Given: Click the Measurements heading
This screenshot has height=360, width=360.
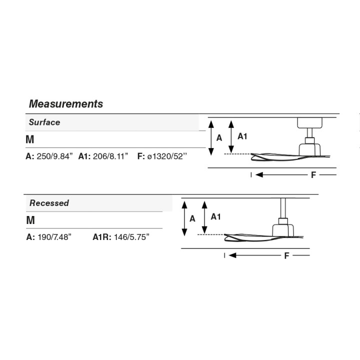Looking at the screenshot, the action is [66, 104].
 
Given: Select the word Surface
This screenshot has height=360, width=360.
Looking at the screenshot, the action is [44, 122].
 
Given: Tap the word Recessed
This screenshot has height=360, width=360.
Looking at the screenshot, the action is [49, 203].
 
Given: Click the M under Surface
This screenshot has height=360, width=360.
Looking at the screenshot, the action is [30, 139].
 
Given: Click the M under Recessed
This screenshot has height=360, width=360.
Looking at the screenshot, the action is [30, 220].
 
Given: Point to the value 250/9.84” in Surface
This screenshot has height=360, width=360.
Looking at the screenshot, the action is [54, 156].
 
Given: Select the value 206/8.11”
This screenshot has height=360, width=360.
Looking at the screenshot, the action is [110, 156].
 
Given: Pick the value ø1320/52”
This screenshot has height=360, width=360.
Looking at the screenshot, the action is [167, 156].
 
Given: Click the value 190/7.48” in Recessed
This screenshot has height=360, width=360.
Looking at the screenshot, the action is [54, 237].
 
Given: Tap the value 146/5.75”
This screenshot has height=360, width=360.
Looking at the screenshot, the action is [131, 237].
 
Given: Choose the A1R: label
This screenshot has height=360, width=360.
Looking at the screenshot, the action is [102, 237].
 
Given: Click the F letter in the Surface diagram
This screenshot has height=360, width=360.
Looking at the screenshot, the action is [313, 175].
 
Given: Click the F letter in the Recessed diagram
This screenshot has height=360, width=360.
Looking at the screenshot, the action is [286, 256].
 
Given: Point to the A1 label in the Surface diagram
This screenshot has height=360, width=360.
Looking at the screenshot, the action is [242, 136].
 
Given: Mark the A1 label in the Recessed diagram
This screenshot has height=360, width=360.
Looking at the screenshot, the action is [215, 216].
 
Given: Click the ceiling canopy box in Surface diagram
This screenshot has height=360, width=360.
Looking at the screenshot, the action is [309, 123].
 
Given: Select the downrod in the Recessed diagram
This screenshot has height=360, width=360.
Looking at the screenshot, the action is [283, 208].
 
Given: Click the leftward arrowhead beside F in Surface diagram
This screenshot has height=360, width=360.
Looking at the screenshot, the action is [259, 175].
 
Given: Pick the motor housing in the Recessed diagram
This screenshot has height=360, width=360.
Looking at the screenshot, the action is [283, 230].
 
